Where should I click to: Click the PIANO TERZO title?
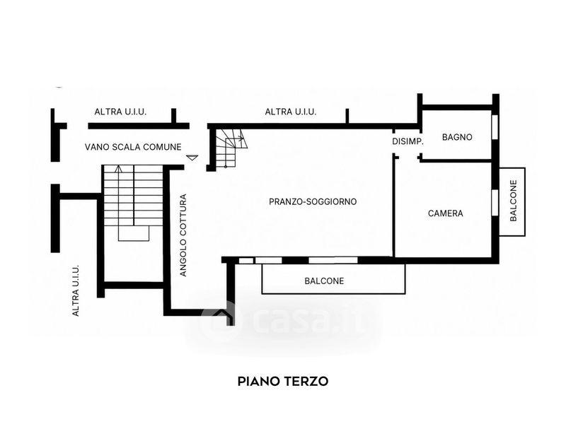tap(282, 381)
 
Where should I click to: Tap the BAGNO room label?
tap(457, 137)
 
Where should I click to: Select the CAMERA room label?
tap(446, 213)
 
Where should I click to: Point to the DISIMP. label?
tap(408, 142)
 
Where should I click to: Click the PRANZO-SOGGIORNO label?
tap(313, 201)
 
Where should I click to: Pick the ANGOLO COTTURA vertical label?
tap(183, 235)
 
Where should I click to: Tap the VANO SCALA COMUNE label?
tap(133, 147)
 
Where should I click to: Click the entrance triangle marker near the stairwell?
tap(192, 157)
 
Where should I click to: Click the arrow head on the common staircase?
tap(118, 168)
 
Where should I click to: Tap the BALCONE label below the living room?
tap(324, 281)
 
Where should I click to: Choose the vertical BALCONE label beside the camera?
tap(514, 201)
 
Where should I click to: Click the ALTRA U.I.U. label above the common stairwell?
tap(120, 112)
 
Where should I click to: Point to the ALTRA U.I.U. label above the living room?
tap(291, 112)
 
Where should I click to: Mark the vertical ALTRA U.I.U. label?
tap(76, 290)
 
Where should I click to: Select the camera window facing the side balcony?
tap(495, 202)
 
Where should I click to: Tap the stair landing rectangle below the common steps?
tap(134, 233)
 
